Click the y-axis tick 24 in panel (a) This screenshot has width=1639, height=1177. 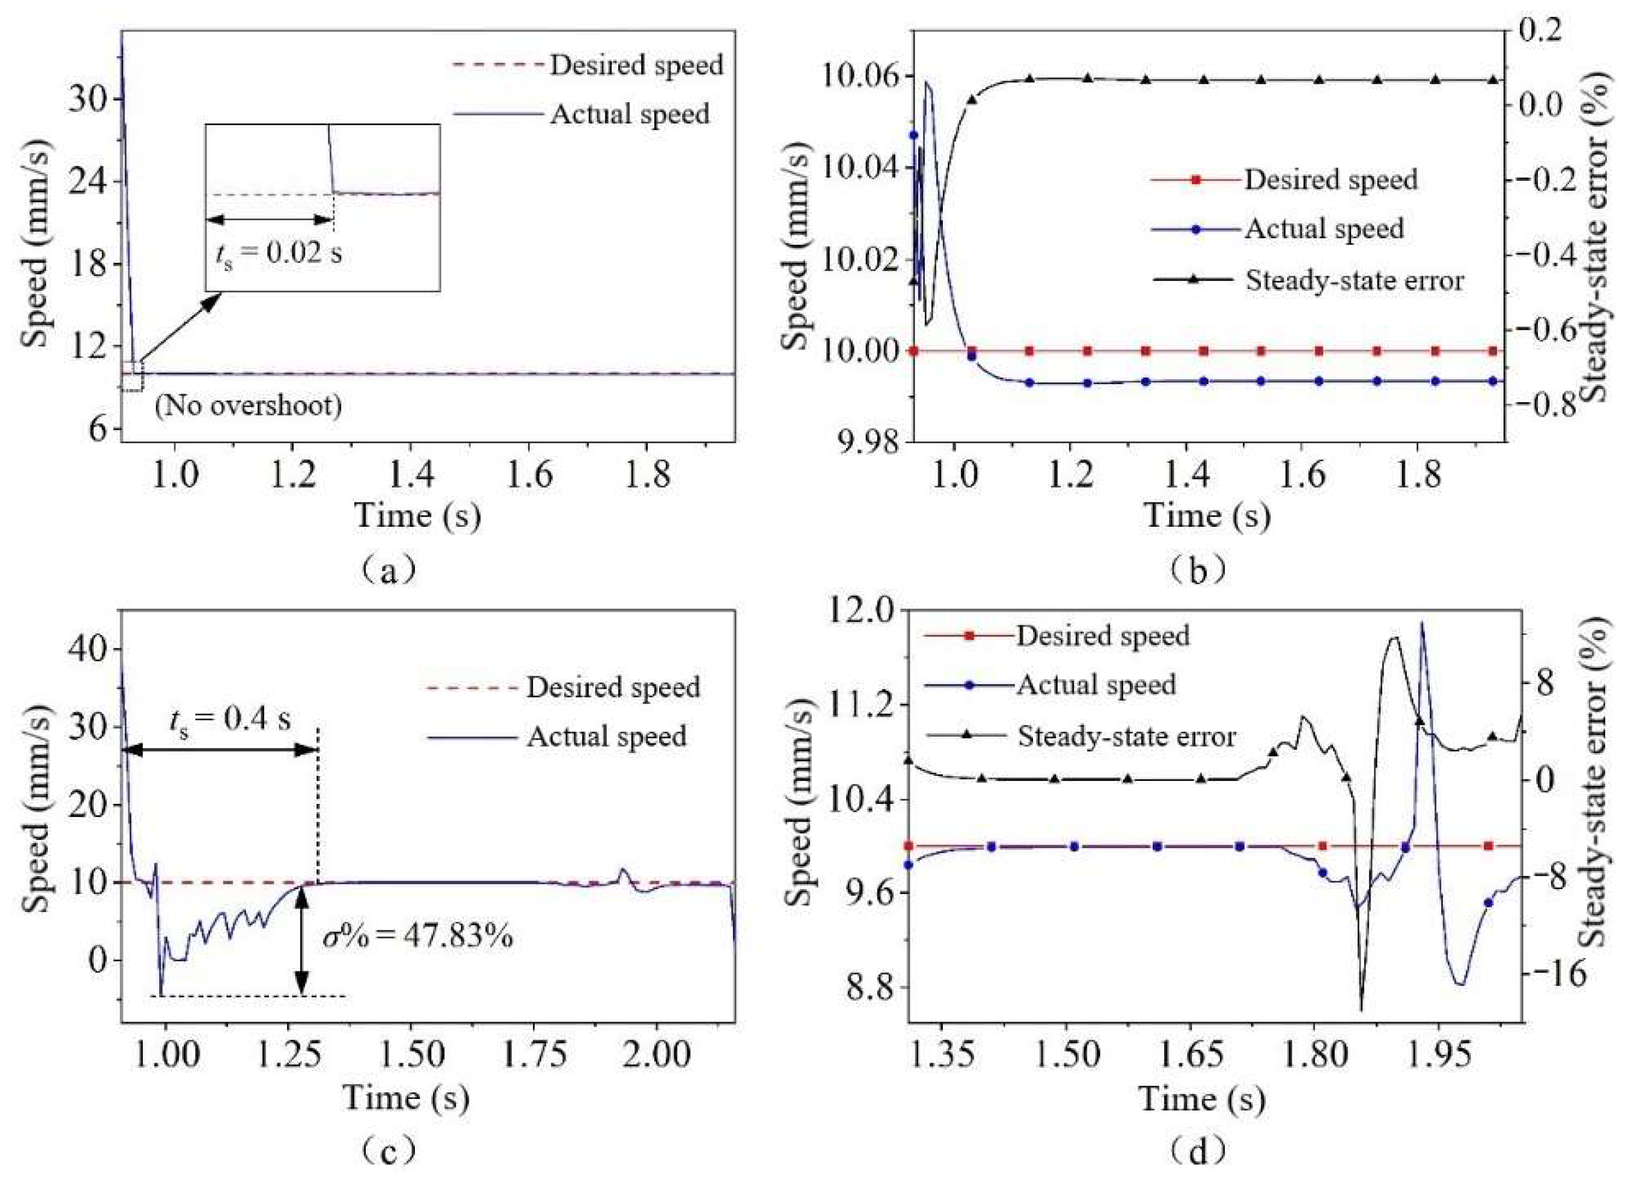point(86,181)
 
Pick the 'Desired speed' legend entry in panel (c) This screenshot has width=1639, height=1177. point(613,687)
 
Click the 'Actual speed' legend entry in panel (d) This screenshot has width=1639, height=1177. point(1095,684)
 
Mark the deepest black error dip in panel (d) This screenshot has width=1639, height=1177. point(1361,1009)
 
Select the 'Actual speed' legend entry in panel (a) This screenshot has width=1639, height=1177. point(630,114)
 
